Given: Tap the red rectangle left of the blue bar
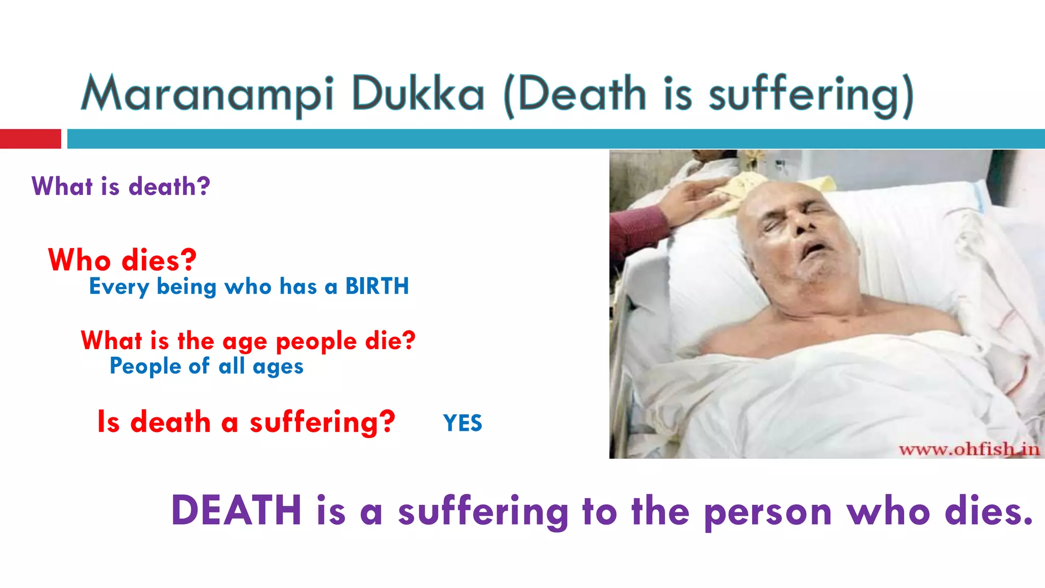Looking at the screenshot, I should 30,139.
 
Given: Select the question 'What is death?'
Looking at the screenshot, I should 121,186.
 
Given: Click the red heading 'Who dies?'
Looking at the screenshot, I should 122,260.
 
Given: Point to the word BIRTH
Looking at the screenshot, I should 377,286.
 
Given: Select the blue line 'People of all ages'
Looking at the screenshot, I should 207,366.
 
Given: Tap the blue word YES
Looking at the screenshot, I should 462,423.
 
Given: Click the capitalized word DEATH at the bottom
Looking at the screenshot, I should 236,510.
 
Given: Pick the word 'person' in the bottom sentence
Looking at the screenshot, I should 768,512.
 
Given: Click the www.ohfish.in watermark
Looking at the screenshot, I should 969,449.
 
